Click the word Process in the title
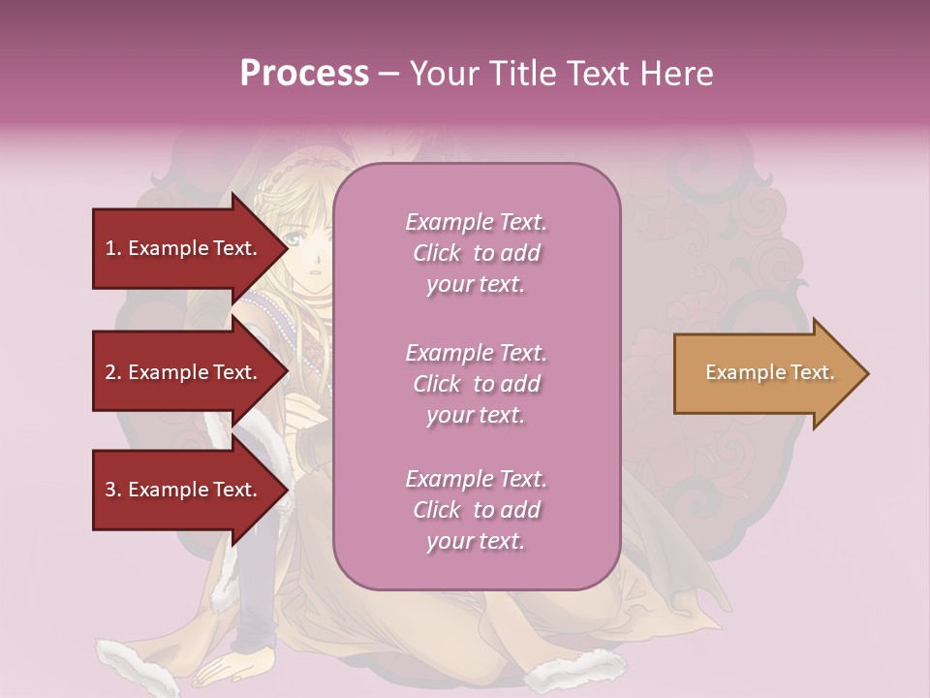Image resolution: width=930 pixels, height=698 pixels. pos(304,74)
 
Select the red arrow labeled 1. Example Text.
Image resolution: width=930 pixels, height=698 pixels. pos(184,248)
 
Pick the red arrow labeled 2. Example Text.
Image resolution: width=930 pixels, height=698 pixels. pos(184,372)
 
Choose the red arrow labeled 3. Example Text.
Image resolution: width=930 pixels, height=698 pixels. pos(184,490)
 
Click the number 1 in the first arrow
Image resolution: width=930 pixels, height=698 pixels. pos(110,248)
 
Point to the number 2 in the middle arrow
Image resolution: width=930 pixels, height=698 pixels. pos(110,372)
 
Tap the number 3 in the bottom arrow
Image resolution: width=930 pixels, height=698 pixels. pos(110,490)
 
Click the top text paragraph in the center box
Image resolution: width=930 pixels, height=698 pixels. pos(476,253)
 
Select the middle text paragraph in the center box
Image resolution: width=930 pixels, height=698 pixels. pos(476,384)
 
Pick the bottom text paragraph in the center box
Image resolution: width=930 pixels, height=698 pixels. pos(476,510)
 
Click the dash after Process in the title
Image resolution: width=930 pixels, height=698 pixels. pos(389,74)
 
